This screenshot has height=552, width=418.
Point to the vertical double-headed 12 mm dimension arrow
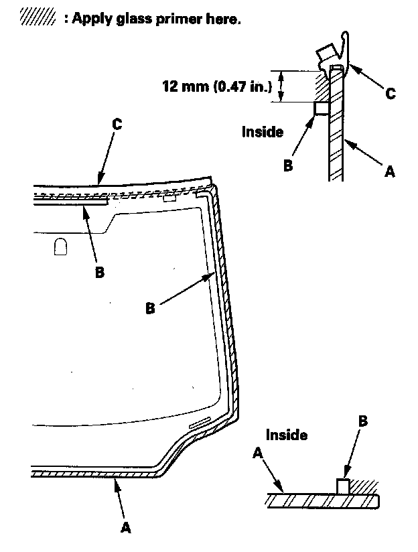tap(281, 86)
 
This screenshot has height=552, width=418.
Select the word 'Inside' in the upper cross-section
tap(263, 132)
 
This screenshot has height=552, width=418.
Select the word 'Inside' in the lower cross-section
tap(287, 435)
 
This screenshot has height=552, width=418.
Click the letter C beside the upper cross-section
tap(390, 94)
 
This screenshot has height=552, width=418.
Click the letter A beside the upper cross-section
tap(389, 172)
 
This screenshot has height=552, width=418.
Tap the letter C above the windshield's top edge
tap(117, 125)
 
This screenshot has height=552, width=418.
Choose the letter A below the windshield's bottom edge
tap(125, 528)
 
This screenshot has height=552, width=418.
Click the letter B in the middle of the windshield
tap(151, 308)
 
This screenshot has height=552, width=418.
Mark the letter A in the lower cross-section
tap(258, 454)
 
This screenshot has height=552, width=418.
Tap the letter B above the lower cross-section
tap(362, 421)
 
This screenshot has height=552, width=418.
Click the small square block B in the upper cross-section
tap(322, 108)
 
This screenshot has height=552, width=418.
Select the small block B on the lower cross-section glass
tap(342, 486)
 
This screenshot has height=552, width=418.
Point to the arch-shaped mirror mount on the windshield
tap(60, 247)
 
